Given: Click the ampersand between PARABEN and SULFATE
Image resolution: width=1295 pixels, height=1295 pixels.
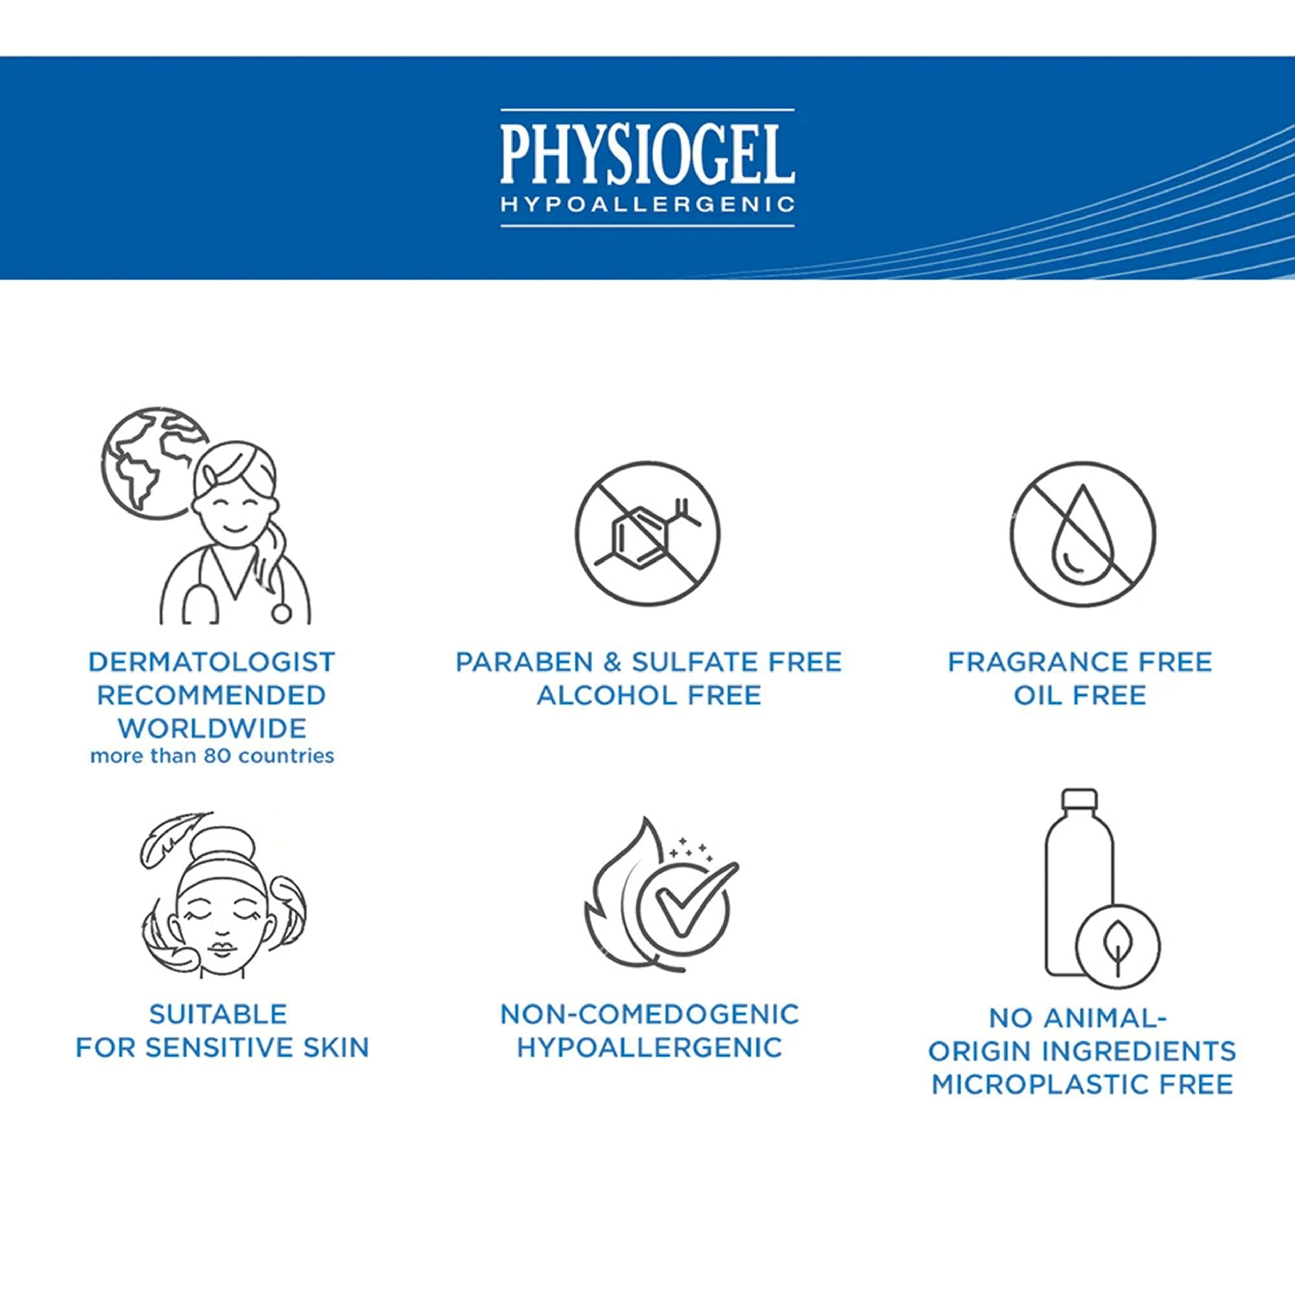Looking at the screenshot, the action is click(613, 662).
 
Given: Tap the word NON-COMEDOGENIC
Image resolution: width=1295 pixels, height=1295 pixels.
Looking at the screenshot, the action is click(650, 1014).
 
